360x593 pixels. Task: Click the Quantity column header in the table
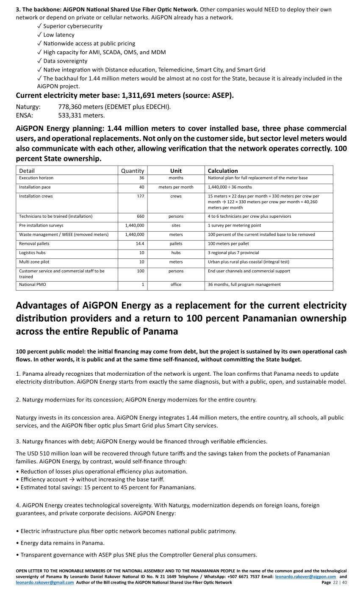point(133,171)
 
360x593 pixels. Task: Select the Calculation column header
point(223,171)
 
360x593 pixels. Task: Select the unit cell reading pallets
point(176,244)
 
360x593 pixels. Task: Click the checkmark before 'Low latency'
point(39,35)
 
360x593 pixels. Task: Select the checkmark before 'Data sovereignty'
point(39,61)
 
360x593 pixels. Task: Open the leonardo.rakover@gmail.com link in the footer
point(44,582)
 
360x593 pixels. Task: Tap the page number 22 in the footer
point(336,582)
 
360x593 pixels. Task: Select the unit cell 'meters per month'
point(176,187)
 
